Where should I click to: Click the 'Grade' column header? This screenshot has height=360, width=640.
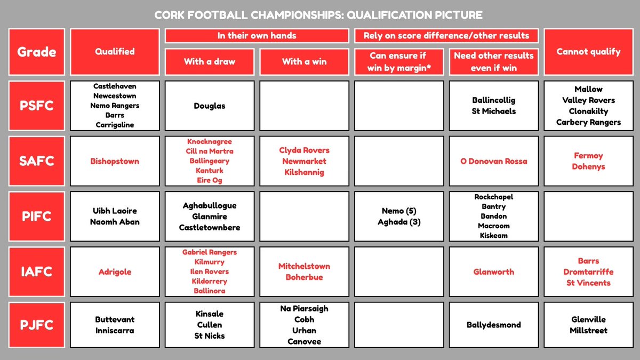coord(36,52)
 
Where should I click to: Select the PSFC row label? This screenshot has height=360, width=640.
coord(36,106)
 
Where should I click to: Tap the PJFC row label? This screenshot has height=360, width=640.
coord(36,325)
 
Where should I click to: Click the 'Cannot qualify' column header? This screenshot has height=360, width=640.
coord(588,52)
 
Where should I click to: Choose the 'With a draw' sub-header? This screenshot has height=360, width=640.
coord(209,61)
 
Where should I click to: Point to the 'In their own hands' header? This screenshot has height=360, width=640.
coord(257,36)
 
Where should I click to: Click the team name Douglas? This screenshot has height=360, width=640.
coord(209,106)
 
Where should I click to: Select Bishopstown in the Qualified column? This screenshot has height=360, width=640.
coord(115,161)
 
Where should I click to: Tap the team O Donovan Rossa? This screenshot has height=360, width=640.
coord(493,161)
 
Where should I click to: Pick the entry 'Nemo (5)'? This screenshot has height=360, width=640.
coord(398,211)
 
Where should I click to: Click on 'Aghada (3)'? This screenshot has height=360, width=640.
coord(398,222)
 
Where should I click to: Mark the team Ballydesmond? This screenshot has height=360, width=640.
coord(493,325)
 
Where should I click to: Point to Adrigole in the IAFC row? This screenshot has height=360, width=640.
coord(115,271)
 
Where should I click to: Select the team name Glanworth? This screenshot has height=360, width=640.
coord(493,271)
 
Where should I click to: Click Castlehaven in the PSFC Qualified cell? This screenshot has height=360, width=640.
coord(115,85)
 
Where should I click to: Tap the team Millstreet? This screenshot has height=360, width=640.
coord(588,330)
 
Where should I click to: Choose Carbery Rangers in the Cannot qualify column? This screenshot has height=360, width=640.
coord(588,122)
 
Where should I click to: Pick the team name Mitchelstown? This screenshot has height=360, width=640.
coord(304,266)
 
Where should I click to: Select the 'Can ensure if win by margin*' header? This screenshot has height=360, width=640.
coord(398,61)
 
